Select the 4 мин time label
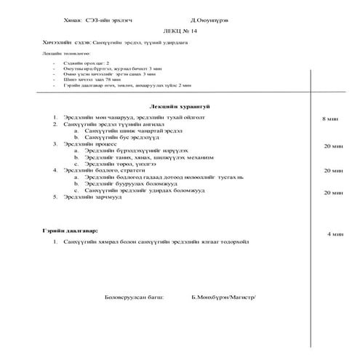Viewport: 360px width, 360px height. pos(335,234)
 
